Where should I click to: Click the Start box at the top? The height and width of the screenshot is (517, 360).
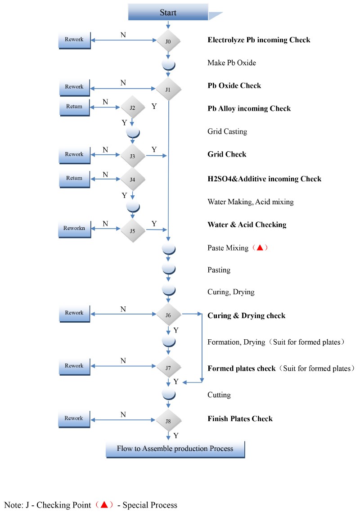[168, 12]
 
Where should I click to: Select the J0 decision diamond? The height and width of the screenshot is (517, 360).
[168, 41]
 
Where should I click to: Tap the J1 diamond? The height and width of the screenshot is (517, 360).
[168, 89]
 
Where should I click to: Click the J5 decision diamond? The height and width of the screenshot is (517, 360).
[132, 229]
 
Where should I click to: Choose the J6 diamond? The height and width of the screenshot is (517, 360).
[168, 315]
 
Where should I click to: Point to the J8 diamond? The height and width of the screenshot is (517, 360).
[168, 421]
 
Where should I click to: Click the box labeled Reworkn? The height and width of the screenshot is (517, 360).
[74, 229]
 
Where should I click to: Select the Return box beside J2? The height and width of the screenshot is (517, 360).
[74, 107]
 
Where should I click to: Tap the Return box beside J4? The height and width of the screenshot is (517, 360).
[74, 179]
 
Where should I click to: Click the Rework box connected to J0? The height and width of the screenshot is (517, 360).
[74, 40]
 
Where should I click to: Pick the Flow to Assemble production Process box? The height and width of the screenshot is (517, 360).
[175, 449]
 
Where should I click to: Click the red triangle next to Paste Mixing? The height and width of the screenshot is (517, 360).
[260, 247]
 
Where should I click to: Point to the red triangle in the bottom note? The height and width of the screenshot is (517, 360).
[104, 505]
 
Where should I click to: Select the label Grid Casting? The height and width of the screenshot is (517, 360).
[227, 132]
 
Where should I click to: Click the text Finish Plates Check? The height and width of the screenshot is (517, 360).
[240, 419]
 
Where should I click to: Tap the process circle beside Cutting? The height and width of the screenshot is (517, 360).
[168, 394]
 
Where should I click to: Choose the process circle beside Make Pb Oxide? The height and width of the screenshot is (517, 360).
[168, 64]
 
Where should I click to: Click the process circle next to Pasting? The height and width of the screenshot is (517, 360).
[168, 269]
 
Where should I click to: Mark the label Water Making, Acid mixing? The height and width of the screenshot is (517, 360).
[250, 202]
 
